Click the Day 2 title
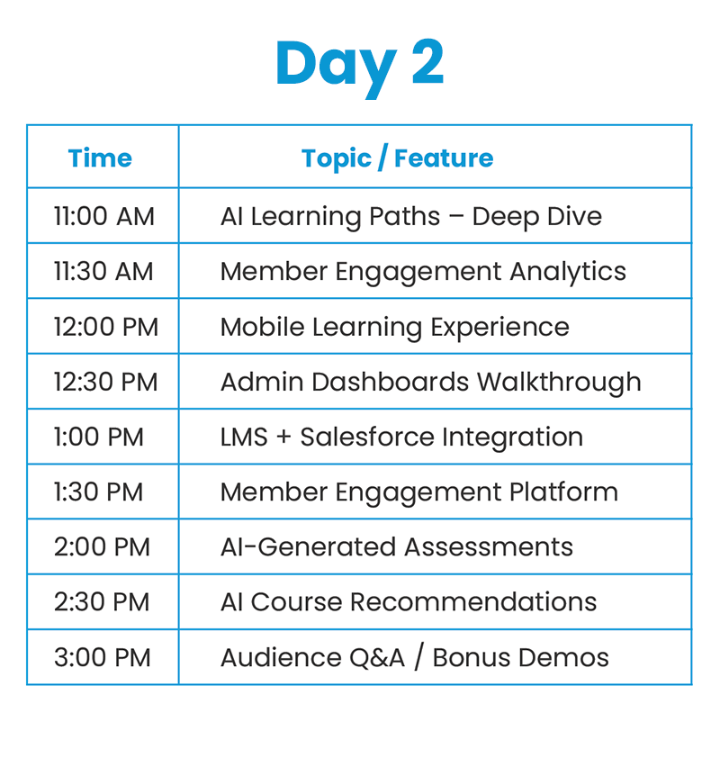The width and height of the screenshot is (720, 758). [359, 67]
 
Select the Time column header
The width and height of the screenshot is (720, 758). [100, 158]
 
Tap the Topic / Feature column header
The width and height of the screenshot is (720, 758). [397, 158]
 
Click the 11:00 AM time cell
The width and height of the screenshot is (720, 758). [103, 216]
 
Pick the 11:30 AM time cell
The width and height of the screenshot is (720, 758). [103, 271]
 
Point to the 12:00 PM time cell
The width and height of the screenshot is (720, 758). [106, 327]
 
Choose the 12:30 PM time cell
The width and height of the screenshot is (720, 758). [105, 382]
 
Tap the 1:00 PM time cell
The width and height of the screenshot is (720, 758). [99, 437]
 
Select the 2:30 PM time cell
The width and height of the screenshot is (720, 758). [102, 602]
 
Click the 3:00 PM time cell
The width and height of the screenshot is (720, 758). [102, 657]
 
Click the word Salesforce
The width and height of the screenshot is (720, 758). [367, 437]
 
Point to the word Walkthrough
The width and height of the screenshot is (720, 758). [559, 383]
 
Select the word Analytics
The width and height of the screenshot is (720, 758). [568, 272]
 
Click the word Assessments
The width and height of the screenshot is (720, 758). [489, 547]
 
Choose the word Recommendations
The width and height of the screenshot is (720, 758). [473, 602]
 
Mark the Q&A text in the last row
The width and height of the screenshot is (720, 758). [376, 658]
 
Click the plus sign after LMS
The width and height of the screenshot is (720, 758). [283, 438]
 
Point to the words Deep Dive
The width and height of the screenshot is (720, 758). [537, 217]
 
